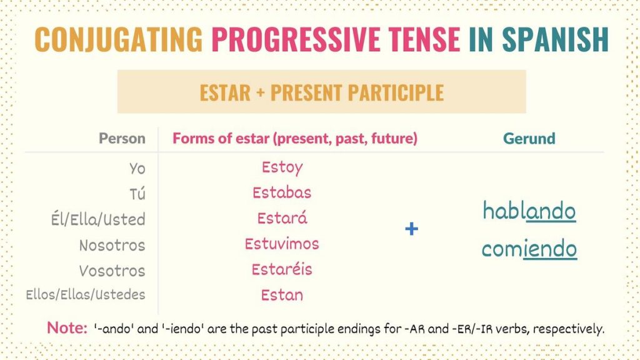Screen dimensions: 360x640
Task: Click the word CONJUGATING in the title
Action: click(x=119, y=39)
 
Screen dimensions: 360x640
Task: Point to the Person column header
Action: click(x=122, y=138)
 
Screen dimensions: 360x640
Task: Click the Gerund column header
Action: click(x=529, y=138)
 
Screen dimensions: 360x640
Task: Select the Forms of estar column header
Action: click(x=294, y=138)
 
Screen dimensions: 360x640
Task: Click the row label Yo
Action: click(x=137, y=169)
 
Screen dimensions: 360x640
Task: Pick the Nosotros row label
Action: click(x=112, y=245)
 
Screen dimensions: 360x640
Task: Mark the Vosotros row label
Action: click(x=112, y=271)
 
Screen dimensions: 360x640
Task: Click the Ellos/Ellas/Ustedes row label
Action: click(x=85, y=294)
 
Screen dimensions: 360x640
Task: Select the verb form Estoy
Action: click(x=282, y=167)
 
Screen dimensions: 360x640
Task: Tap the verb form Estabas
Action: click(x=282, y=192)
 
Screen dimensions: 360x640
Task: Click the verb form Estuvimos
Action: click(x=282, y=243)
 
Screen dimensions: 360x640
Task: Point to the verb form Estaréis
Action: click(x=282, y=269)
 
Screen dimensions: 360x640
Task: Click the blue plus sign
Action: click(x=411, y=229)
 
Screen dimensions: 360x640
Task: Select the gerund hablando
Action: click(x=529, y=211)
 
